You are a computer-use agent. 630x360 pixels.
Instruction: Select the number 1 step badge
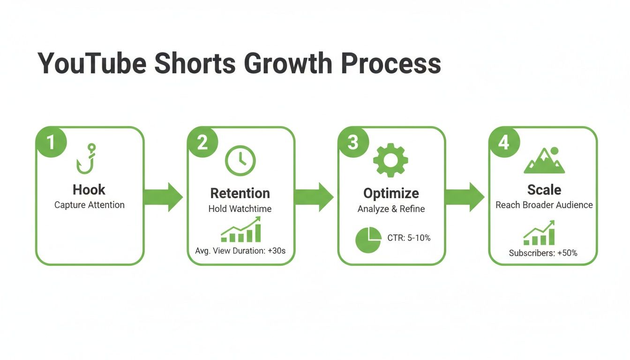[x=50, y=142]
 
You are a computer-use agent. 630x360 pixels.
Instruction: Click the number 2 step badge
[x=202, y=142]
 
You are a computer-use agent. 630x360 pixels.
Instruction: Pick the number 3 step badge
[x=352, y=142]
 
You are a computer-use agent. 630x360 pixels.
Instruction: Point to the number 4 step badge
[x=503, y=142]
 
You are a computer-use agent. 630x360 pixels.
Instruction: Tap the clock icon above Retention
[x=240, y=160]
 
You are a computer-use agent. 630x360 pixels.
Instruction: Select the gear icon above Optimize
[x=390, y=160]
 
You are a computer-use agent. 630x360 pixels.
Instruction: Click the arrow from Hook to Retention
[x=163, y=197]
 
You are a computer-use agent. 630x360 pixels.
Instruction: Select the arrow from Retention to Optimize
[x=314, y=197]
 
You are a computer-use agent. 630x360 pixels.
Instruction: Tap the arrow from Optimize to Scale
[x=465, y=197]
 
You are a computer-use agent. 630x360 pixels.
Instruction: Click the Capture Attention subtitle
[x=90, y=205]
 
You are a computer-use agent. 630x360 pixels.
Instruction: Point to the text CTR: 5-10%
[x=409, y=238]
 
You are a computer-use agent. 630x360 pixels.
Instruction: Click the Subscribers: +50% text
[x=543, y=253]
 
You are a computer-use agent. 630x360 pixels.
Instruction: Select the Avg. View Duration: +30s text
[x=240, y=251]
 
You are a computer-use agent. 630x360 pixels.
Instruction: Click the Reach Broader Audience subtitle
[x=544, y=205]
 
